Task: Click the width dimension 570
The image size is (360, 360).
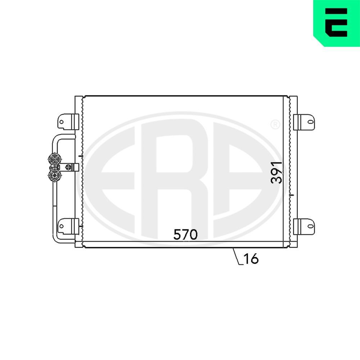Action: [185, 234]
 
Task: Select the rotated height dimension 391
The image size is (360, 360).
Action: [276, 173]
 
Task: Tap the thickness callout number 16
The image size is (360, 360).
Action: [251, 258]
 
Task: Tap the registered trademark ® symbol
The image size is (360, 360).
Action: [275, 125]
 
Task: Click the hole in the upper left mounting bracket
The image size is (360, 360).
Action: [61, 122]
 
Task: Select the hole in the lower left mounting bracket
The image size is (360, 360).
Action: [61, 226]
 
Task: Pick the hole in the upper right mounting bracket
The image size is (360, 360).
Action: [310, 122]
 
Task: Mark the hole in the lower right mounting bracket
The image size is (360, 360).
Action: [310, 226]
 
